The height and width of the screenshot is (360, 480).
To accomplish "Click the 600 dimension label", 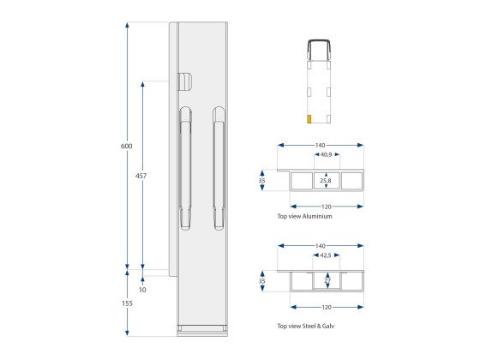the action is coord(127,146).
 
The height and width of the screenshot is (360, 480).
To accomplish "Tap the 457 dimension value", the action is coord(141,176).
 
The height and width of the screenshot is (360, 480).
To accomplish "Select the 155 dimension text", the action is coord(127,303).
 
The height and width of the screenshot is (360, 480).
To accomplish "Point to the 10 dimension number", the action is coord(142,290).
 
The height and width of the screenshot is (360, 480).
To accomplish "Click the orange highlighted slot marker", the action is coord(309,119).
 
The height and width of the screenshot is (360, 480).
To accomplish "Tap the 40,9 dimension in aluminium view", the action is coord(326,154).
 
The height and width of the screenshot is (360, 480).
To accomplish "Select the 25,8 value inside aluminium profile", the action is coord(326,181).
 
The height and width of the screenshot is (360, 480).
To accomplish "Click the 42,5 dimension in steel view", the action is coord(326,255).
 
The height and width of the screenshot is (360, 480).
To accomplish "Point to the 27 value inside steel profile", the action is coord(327,280).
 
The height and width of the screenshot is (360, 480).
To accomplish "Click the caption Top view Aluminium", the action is coord(304,216).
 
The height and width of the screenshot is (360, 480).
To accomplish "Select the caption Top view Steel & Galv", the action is coord(305,326).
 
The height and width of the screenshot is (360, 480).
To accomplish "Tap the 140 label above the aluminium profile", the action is coord(320,145).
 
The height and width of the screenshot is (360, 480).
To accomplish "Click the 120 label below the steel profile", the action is coord(327,307).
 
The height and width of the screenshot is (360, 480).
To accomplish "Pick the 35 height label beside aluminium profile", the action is coord(261,181).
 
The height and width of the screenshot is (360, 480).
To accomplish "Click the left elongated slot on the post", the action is coord(185,168).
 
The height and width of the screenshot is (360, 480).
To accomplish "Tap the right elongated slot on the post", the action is coord(219,168).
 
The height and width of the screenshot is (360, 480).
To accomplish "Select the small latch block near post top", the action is coord(184,81).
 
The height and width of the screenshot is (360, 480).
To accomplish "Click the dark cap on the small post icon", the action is coord(319,49).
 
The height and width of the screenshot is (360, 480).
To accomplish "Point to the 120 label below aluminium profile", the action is coord(327,207).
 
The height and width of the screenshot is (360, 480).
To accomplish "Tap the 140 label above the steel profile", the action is coord(320,246).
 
